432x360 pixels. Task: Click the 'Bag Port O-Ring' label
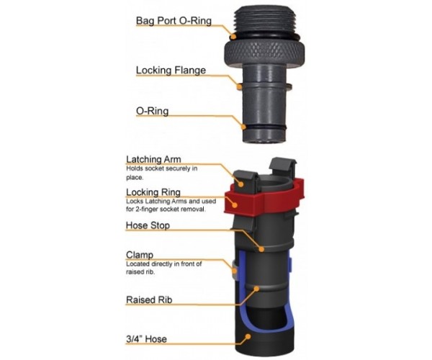[x=174, y=21]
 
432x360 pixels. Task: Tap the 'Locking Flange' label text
[x=171, y=71]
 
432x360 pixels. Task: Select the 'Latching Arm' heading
[x=153, y=159]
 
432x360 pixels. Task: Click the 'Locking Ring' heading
[x=153, y=192]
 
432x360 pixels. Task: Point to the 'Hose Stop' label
[x=148, y=225]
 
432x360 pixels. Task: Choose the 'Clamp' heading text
[x=140, y=254]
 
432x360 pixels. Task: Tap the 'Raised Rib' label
[x=149, y=300]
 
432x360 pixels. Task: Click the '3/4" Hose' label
[x=146, y=339]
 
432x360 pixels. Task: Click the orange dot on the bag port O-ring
[x=233, y=36]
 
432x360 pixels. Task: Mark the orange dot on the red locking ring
[x=235, y=205]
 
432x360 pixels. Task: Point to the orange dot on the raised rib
[x=256, y=289]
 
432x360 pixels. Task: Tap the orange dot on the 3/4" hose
[x=248, y=336]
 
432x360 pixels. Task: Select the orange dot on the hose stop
[x=261, y=249]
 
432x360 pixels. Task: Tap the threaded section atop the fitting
[x=265, y=20]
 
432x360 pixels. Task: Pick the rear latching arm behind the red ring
[x=283, y=168]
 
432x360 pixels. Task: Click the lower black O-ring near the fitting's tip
[x=264, y=128]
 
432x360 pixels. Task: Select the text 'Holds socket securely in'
[x=162, y=168]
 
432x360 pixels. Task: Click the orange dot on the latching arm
[x=240, y=184]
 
